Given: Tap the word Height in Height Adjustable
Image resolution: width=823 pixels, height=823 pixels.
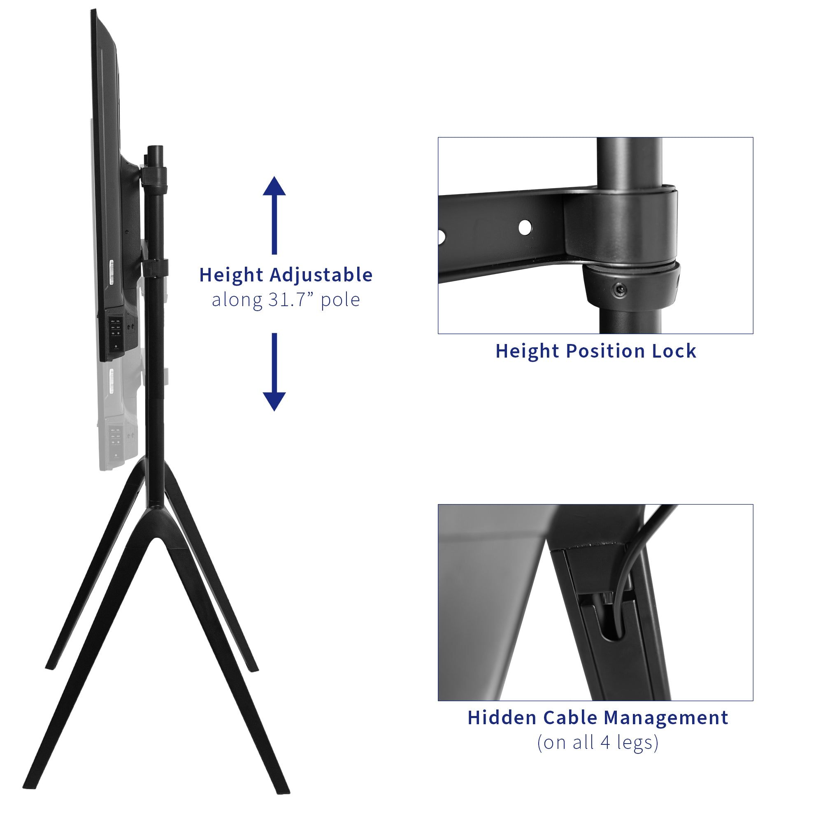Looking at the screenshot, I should (231, 275).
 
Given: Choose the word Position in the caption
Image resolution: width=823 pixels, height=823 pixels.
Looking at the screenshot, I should (605, 351).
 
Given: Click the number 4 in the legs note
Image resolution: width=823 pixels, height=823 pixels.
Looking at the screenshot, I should (605, 742).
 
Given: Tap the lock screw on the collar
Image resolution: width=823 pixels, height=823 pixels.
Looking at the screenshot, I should (619, 291).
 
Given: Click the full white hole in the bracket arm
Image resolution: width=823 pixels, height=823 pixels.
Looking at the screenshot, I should (525, 227).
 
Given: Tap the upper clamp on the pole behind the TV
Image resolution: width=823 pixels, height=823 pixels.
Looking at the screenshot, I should (154, 176).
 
